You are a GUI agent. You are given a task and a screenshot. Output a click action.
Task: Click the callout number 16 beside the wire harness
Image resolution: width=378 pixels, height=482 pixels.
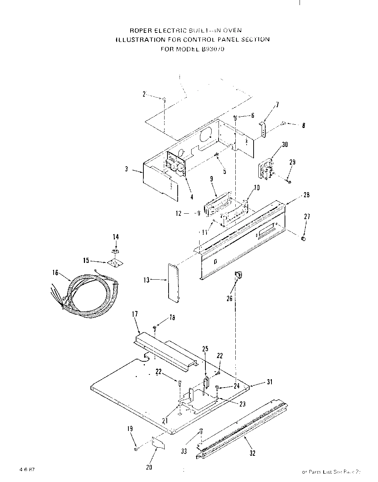pyautogui.click(x=55, y=273)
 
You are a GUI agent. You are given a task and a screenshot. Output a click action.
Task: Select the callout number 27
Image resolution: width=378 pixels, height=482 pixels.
pyautogui.click(x=307, y=217)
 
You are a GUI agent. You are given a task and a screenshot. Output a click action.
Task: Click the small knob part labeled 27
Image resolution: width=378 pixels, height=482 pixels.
pyautogui.click(x=303, y=238)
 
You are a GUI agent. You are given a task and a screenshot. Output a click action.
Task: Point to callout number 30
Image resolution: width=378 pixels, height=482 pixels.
pyautogui.click(x=285, y=144)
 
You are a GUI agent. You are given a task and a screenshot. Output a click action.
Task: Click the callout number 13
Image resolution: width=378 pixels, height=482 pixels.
pyautogui.click(x=146, y=280)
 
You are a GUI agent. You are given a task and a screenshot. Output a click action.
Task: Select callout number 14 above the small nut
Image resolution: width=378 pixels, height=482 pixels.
pyautogui.click(x=116, y=237)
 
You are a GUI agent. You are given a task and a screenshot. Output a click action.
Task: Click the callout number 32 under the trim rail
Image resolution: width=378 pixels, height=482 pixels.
pyautogui.click(x=252, y=453)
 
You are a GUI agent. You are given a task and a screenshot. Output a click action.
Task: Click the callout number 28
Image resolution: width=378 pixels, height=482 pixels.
pyautogui.click(x=306, y=195)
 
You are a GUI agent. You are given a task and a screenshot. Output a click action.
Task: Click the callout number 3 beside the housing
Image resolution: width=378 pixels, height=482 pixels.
pyautogui.click(x=127, y=170)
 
